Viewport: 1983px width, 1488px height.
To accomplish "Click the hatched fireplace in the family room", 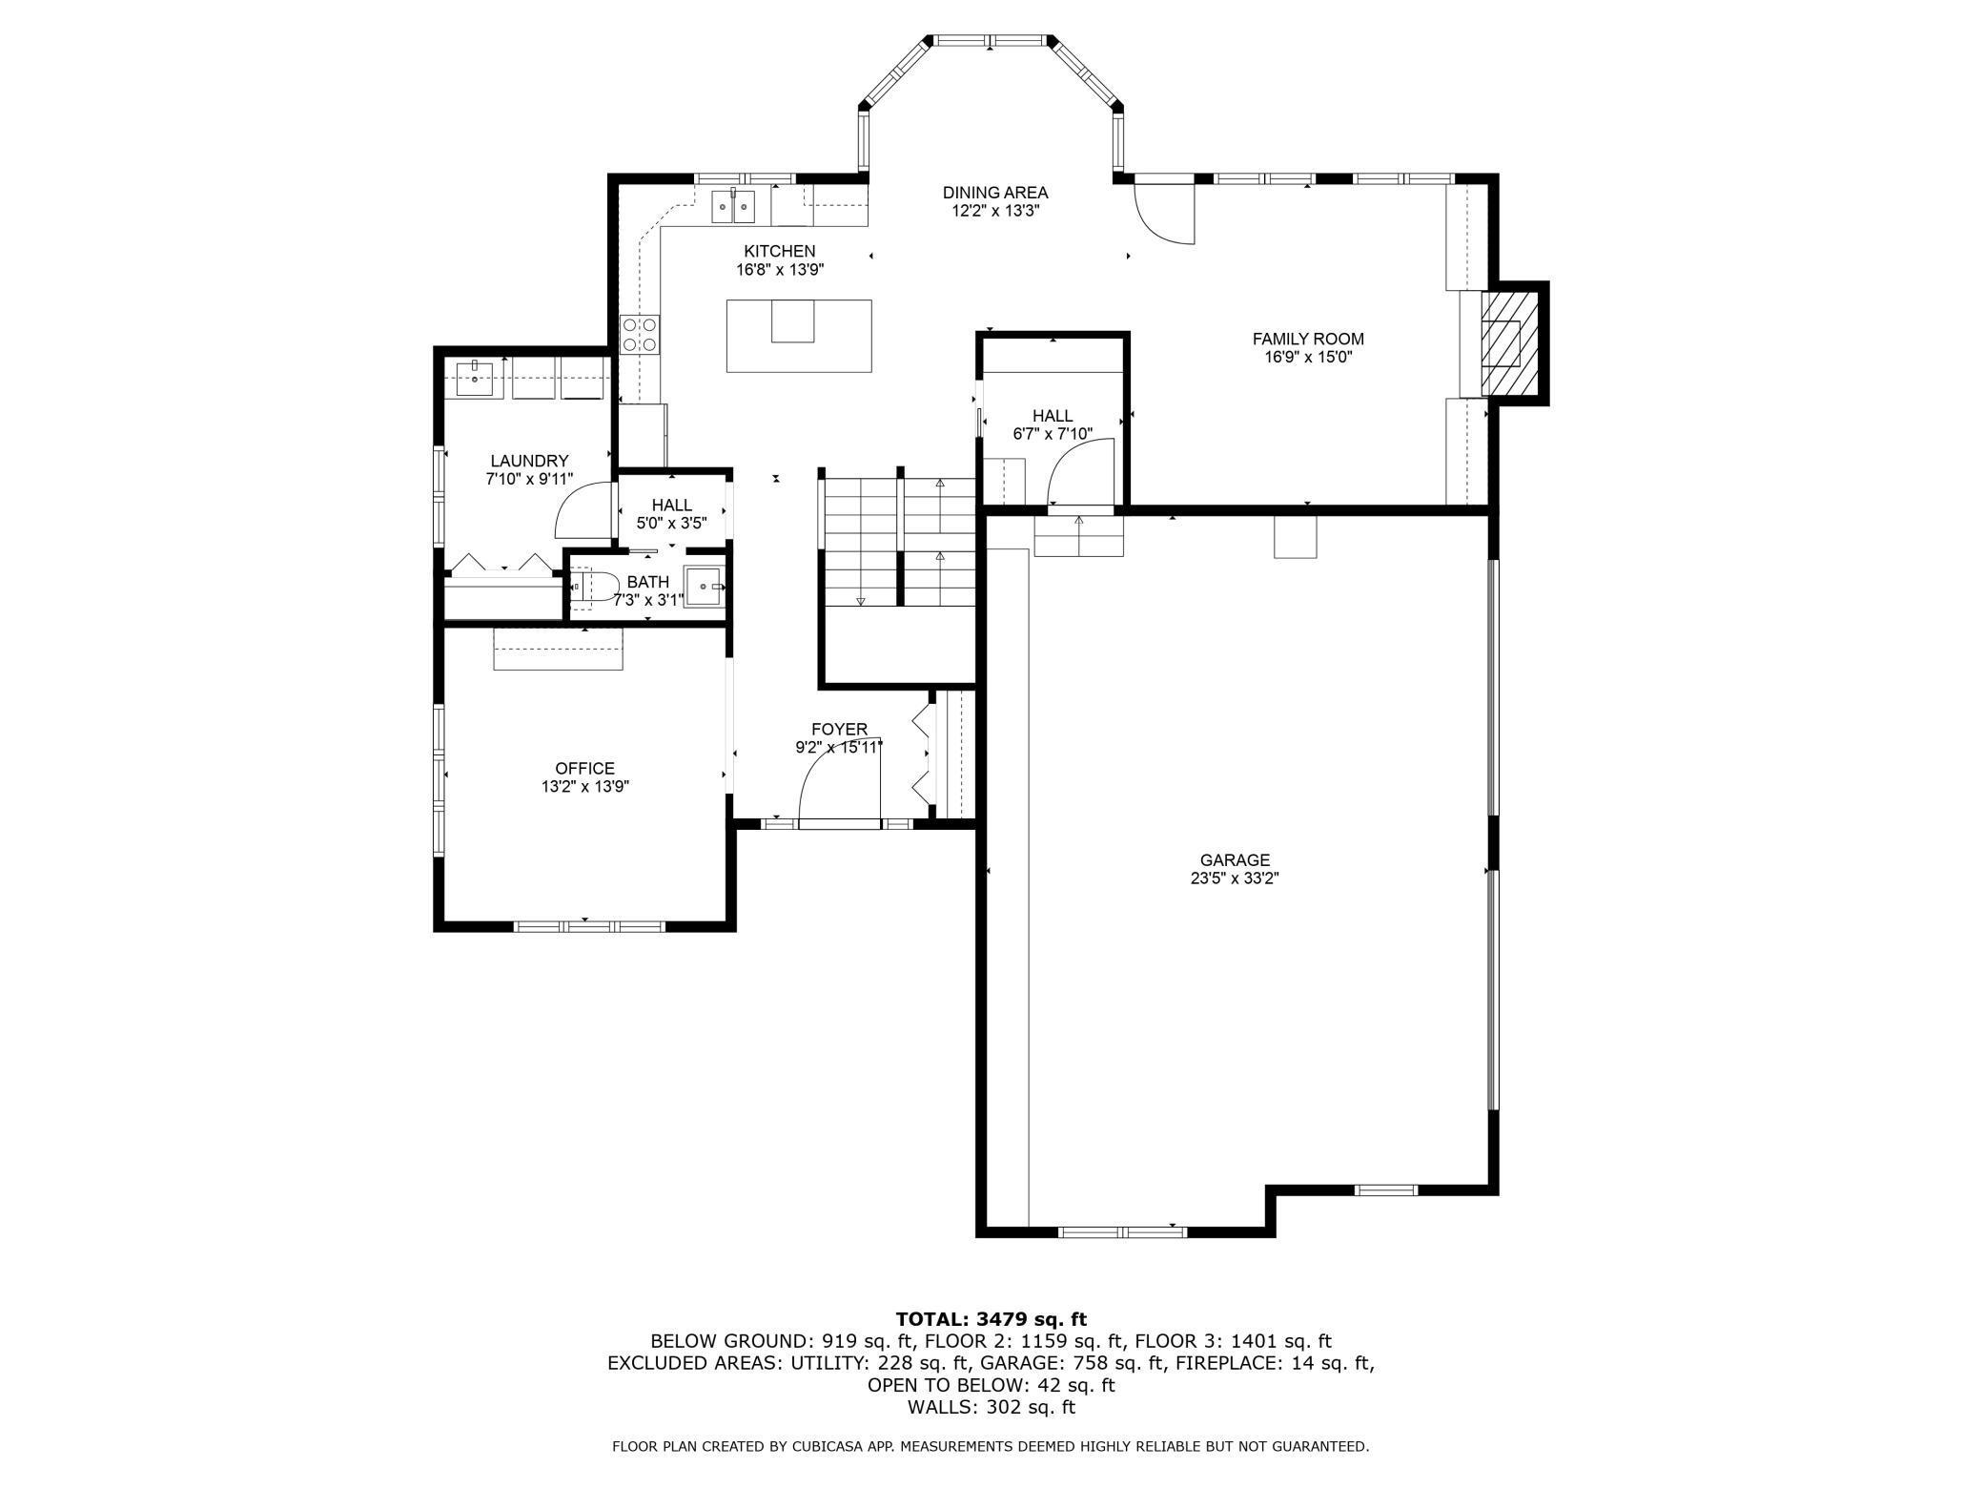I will click(x=1509, y=342).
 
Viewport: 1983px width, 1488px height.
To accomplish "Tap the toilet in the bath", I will click(x=583, y=586).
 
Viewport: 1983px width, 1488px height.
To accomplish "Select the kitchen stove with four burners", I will click(x=640, y=335).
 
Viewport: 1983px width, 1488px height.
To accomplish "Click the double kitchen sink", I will click(x=734, y=206).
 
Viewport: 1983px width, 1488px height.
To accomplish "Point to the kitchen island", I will click(x=799, y=335).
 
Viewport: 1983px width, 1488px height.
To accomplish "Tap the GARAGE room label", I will click(x=1235, y=859).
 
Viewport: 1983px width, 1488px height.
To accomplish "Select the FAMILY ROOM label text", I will click(x=1307, y=339).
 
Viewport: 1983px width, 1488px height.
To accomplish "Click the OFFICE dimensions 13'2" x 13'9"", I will click(x=585, y=787).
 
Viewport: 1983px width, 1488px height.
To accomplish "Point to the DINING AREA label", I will click(x=994, y=193).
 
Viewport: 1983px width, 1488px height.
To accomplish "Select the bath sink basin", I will click(x=705, y=587).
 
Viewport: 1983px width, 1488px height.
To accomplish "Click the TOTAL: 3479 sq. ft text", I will click(x=991, y=1319).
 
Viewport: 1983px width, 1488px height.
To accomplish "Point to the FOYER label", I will click(x=839, y=730).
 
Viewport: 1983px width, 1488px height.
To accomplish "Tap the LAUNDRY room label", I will click(x=529, y=461).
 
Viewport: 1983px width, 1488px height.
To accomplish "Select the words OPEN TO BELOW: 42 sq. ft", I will click(x=991, y=1385).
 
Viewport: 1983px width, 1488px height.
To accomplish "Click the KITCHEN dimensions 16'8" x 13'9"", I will click(x=779, y=270).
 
